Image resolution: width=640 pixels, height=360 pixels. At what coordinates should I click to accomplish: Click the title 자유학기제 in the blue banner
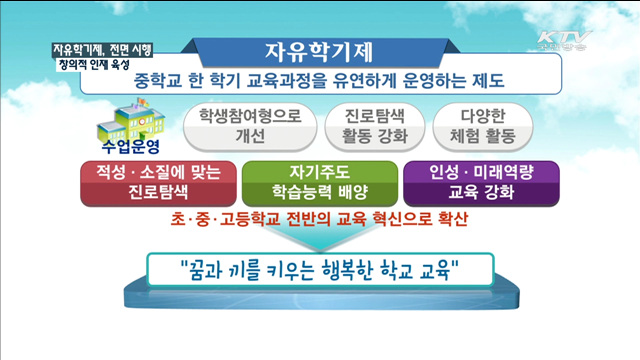(x=318, y=50)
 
